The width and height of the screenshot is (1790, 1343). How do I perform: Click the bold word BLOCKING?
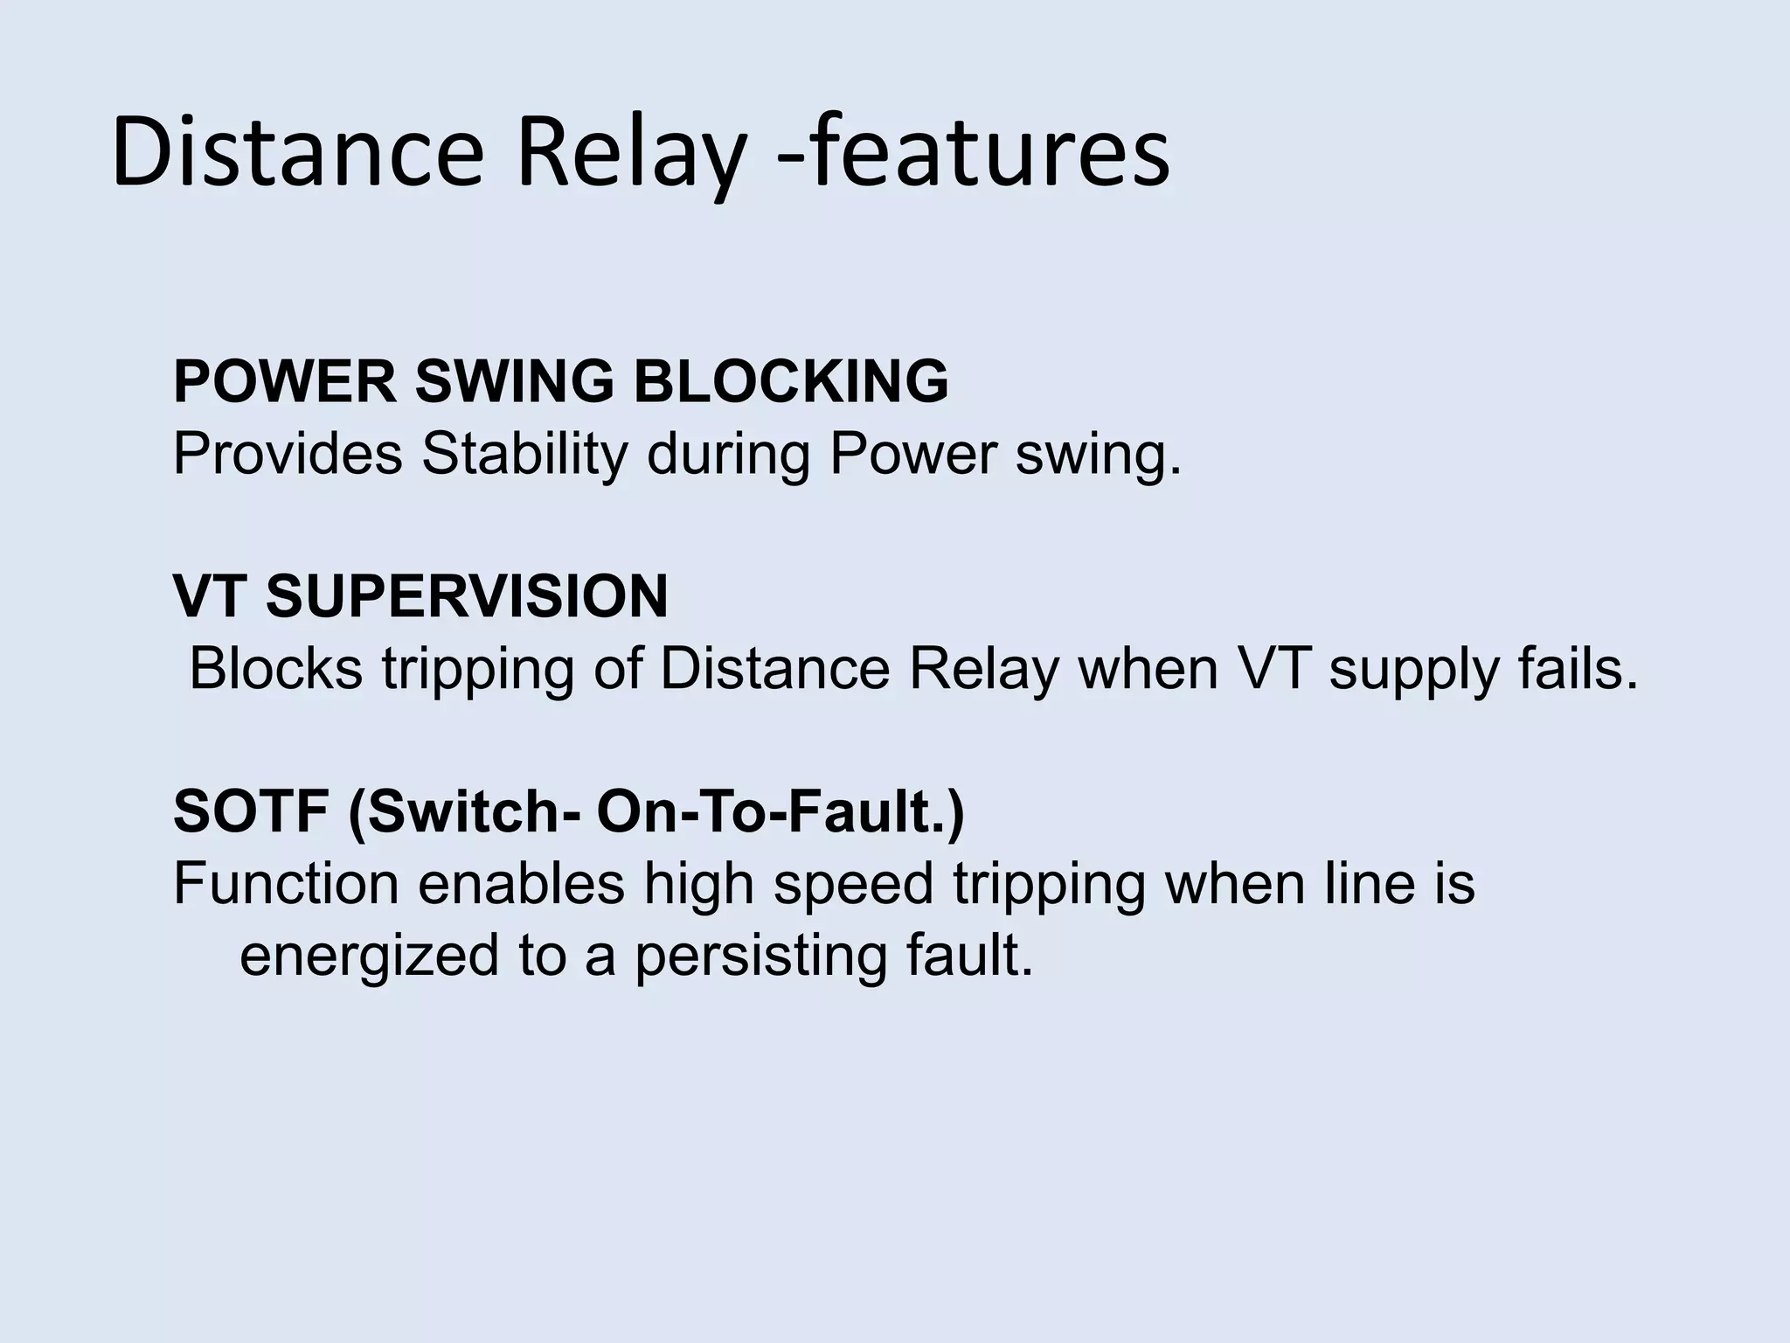point(791,382)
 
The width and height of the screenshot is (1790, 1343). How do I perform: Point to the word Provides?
point(288,455)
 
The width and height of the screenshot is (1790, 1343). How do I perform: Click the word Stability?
point(524,455)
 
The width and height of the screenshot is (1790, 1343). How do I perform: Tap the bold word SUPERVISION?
point(467,597)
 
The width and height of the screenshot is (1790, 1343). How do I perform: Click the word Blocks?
point(275,669)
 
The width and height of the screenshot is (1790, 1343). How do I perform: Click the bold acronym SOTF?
point(252,812)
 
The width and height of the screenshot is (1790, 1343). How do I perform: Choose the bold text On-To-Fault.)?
point(781,812)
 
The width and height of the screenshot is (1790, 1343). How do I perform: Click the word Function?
point(286,884)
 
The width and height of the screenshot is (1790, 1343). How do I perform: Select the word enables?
point(521,884)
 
